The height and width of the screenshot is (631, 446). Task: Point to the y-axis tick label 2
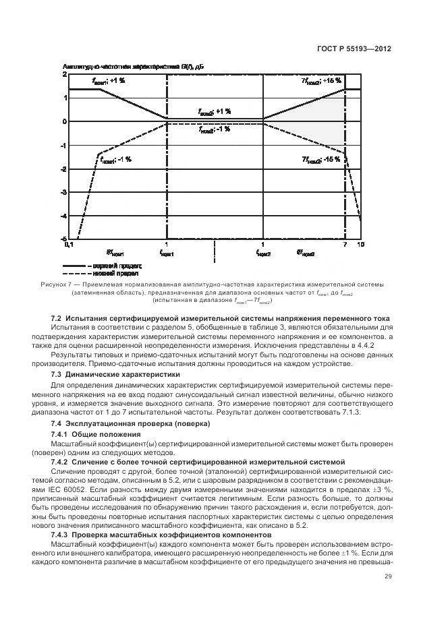[x=65, y=74]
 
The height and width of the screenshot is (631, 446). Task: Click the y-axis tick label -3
[x=65, y=193]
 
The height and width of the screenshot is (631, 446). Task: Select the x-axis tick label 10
[x=361, y=245]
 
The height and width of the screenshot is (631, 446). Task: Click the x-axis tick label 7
[x=345, y=245]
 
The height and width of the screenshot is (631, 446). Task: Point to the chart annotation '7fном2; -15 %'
[x=321, y=160]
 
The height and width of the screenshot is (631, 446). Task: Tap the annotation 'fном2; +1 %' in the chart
[x=215, y=112]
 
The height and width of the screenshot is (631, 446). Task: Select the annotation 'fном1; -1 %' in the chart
[x=115, y=160]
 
